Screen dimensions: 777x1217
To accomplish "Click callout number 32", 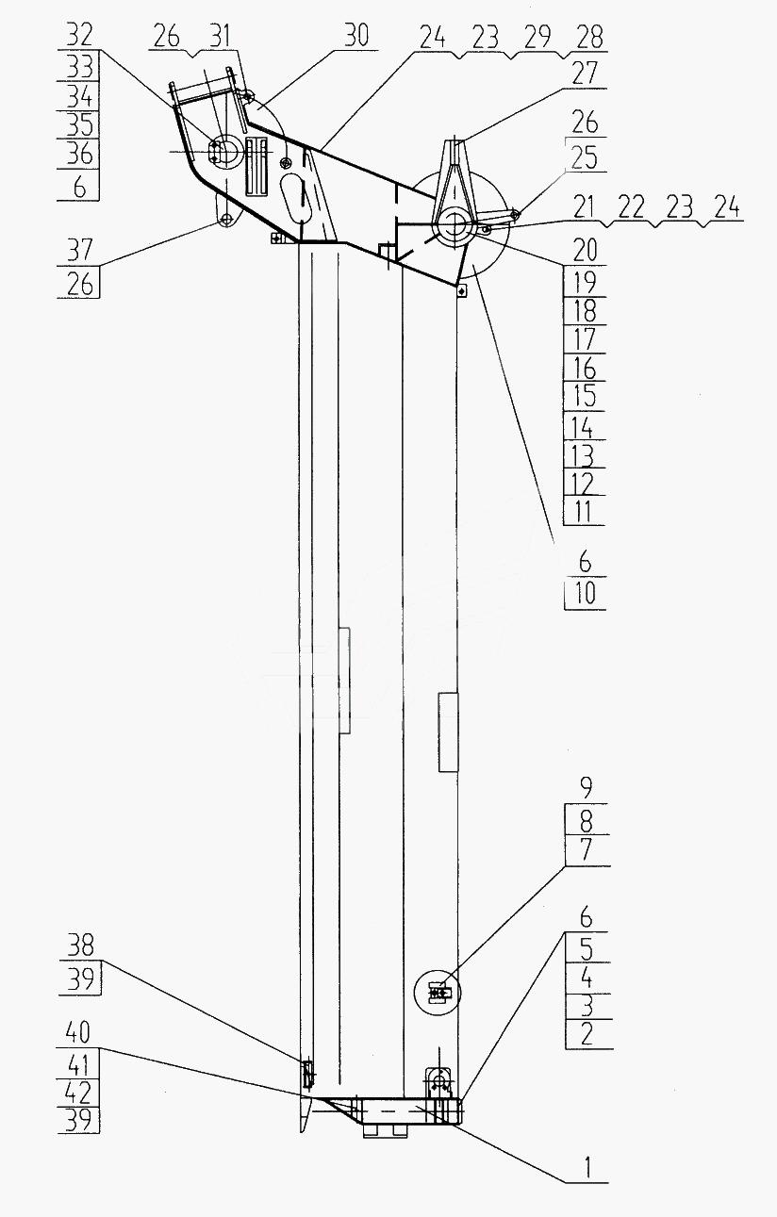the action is click(x=80, y=36).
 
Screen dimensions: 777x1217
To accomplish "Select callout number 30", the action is click(x=355, y=36).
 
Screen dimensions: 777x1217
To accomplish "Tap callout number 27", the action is click(x=584, y=74).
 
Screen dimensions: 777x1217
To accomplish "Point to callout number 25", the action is click(x=584, y=158).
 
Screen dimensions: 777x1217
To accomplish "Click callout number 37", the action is click(x=80, y=251).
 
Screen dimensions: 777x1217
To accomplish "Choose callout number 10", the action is click(x=585, y=593).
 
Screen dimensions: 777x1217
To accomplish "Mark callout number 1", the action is click(x=586, y=1165).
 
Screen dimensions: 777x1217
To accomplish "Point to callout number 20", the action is click(x=584, y=251).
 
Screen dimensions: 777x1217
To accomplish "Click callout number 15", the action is click(x=584, y=396).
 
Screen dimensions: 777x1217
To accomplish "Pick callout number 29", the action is click(x=537, y=37).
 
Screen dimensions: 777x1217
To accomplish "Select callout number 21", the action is click(x=584, y=208).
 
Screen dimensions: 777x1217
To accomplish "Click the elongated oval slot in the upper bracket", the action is click(x=294, y=198).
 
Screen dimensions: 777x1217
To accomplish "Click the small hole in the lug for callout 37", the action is click(x=226, y=220).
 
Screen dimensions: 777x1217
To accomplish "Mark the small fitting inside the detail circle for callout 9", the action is click(x=437, y=993).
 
